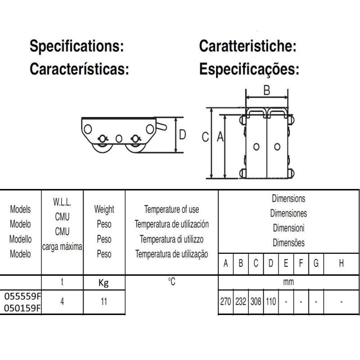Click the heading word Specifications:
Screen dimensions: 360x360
[x=76, y=46]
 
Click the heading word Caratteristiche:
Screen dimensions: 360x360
[x=247, y=46]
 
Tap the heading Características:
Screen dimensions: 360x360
[x=80, y=69]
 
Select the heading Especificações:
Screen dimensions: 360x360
[x=249, y=69]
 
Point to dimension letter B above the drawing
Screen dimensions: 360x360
[x=266, y=91]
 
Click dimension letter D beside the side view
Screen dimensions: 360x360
[x=182, y=134]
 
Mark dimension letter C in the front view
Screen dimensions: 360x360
[x=205, y=137]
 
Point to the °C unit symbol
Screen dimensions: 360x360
[x=171, y=282]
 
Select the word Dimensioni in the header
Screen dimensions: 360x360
[x=288, y=228]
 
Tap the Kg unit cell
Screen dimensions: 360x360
[x=104, y=283]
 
